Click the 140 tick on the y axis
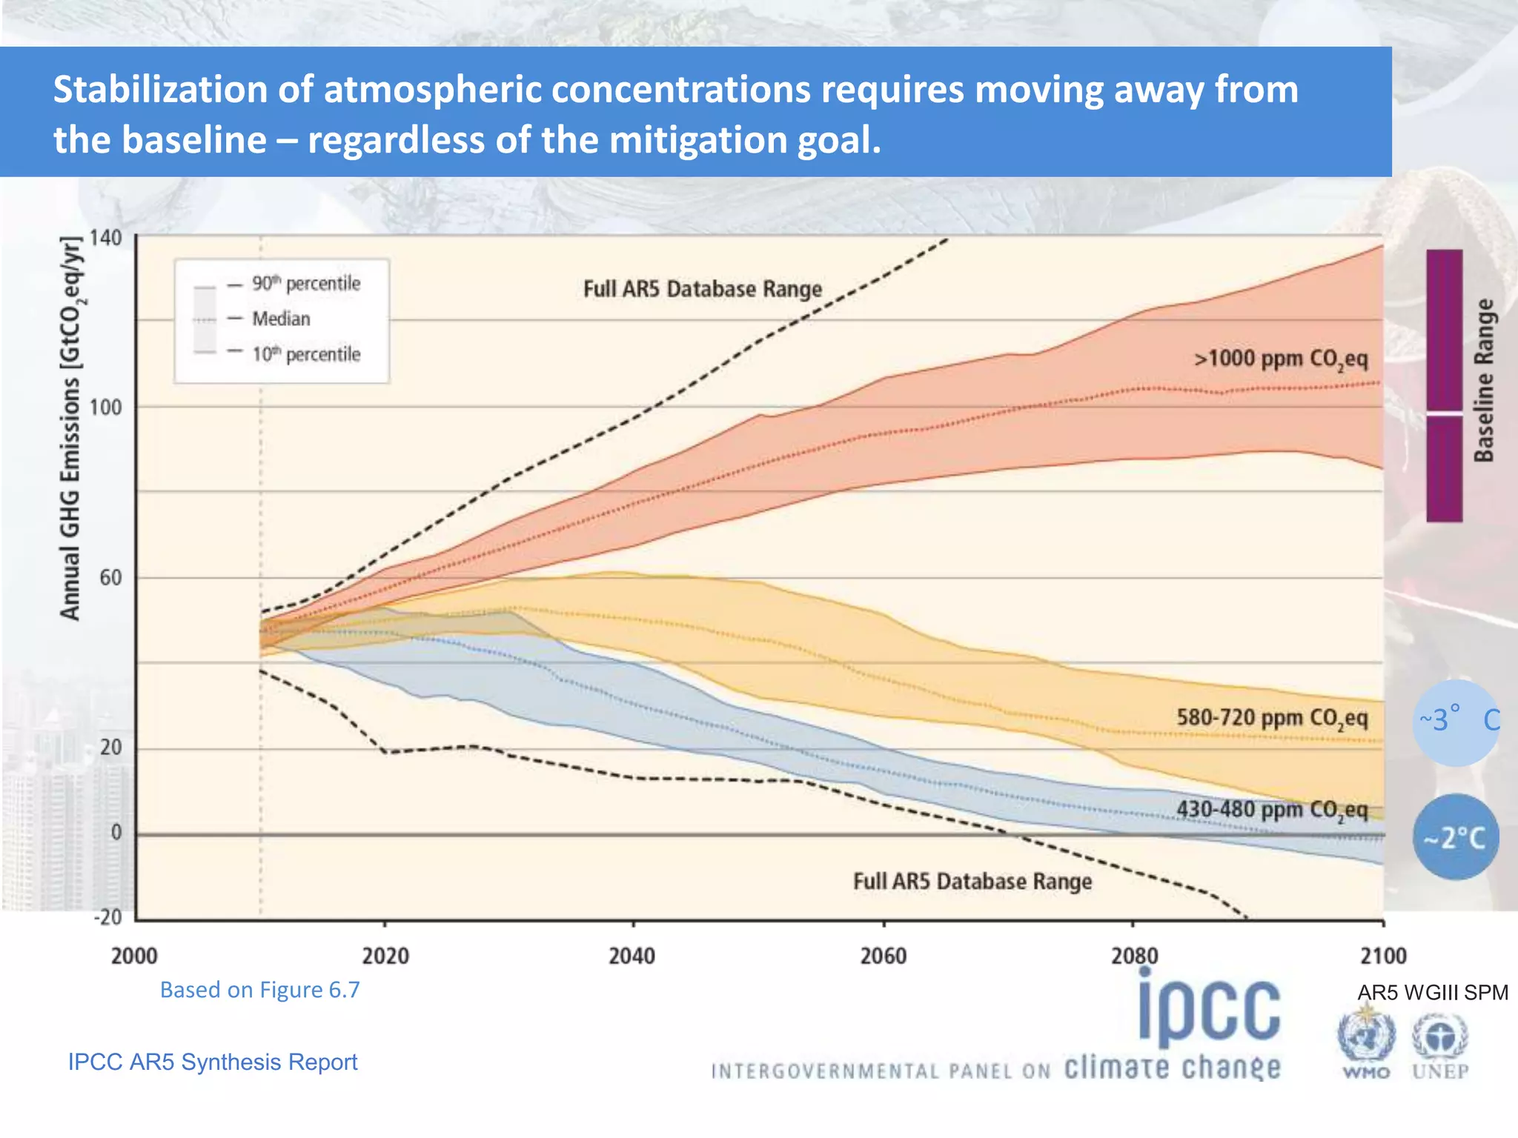pos(105,239)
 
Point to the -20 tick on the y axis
pos(108,917)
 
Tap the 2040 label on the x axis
pos(632,956)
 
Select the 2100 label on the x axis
pos(1383,956)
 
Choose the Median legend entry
pos(281,319)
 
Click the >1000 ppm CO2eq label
pos(1280,359)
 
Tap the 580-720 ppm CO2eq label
pos(1272,718)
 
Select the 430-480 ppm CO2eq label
pos(1272,809)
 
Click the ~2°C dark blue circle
pos(1455,838)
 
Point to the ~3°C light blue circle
pos(1455,722)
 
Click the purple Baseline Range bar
pos(1444,385)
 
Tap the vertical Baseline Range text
pos(1484,381)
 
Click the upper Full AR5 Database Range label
pos(703,289)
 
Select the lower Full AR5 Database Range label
pos(972,882)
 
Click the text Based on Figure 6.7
pos(259,990)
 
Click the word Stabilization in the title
pos(160,90)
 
